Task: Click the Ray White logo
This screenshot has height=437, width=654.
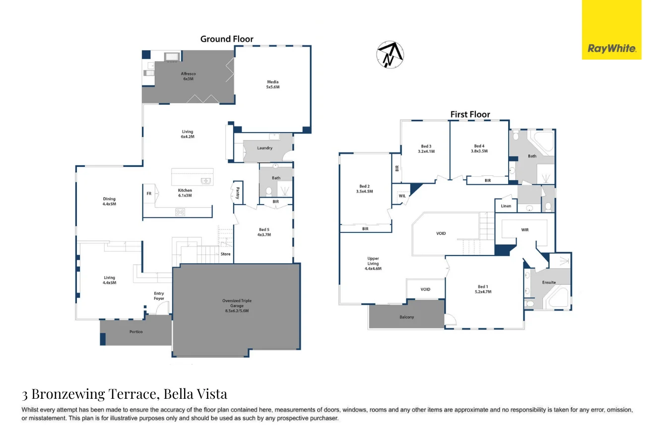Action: click(611, 30)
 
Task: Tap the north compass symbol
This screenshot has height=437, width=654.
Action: click(390, 55)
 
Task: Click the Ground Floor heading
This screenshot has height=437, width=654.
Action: click(227, 39)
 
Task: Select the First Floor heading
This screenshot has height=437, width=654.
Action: click(470, 114)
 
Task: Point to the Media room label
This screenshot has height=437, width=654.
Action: click(273, 84)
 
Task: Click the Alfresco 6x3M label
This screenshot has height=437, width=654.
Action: click(189, 76)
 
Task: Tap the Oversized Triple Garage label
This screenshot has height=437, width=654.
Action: click(237, 305)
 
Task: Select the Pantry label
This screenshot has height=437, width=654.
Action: click(238, 193)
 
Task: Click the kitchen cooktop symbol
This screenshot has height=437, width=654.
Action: click(180, 212)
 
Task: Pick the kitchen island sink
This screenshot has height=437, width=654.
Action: click(206, 181)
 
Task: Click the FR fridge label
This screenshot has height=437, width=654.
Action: click(149, 193)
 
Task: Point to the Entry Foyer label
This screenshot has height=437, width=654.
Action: click(159, 295)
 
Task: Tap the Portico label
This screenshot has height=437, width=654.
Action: click(136, 332)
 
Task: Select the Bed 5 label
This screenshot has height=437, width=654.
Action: click(264, 232)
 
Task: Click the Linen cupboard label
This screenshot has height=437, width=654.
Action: click(506, 206)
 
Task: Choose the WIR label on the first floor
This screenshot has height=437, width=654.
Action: click(524, 230)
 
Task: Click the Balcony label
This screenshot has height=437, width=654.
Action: click(407, 317)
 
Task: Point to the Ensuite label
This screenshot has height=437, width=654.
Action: click(549, 282)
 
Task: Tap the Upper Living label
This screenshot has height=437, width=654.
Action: click(373, 264)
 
